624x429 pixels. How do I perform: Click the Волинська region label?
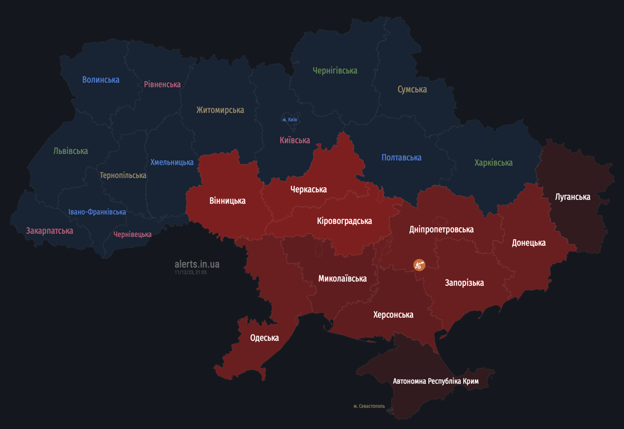click(x=100, y=80)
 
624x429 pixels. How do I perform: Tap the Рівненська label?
click(x=162, y=84)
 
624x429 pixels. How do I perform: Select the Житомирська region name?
click(x=220, y=110)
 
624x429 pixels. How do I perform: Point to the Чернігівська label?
click(x=335, y=71)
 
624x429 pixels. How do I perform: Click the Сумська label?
click(x=412, y=89)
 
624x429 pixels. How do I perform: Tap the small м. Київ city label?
click(x=290, y=120)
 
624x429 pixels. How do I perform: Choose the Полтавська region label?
click(x=401, y=158)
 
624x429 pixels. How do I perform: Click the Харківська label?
click(x=493, y=163)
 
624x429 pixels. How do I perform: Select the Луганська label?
click(x=573, y=197)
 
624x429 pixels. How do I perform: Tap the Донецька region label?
click(x=529, y=243)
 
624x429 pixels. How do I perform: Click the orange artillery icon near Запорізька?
click(x=419, y=265)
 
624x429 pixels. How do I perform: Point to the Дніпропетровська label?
click(x=441, y=230)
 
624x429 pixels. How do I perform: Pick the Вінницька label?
click(x=227, y=201)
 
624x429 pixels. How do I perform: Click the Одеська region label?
click(x=265, y=338)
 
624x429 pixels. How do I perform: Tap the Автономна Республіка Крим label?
click(x=435, y=382)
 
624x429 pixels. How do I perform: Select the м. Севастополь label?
click(x=369, y=406)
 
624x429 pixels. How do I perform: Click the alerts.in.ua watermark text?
click(x=197, y=264)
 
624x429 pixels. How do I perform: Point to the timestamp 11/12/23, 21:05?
click(x=190, y=273)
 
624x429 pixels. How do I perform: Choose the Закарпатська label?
click(x=50, y=231)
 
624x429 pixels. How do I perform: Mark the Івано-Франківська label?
click(x=97, y=212)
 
